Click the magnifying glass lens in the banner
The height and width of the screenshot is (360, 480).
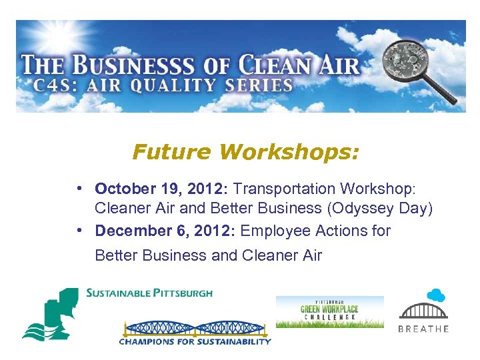pyautogui.click(x=408, y=55)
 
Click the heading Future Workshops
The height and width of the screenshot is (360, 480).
pyautogui.click(x=245, y=153)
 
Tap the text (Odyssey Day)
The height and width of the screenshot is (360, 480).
pyautogui.click(x=379, y=208)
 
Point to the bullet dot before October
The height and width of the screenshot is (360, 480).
pyautogui.click(x=79, y=189)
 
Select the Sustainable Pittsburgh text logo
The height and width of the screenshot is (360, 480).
pyautogui.click(x=149, y=293)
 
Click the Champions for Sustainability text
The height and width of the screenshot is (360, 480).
pyautogui.click(x=195, y=341)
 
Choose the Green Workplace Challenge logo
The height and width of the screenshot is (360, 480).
pyautogui.click(x=330, y=311)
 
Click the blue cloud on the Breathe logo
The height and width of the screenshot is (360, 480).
pyautogui.click(x=436, y=295)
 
